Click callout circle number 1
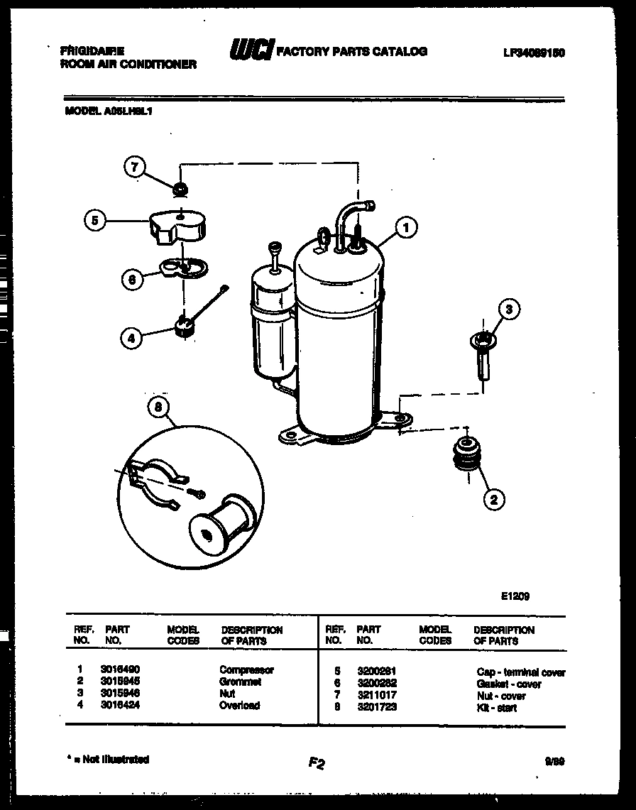405,227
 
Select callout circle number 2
494,499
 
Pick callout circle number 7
135,168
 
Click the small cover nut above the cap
181,188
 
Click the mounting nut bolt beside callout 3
483,352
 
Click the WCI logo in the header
251,50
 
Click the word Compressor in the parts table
246,669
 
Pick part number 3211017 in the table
376,696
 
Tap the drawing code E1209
515,596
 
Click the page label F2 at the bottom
317,763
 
